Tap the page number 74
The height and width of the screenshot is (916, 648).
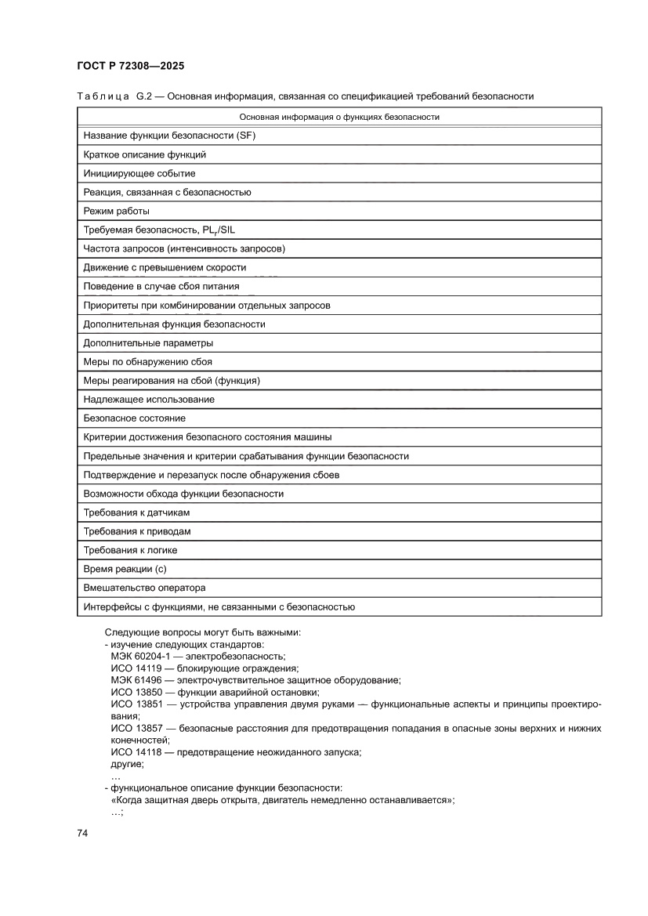tap(82, 833)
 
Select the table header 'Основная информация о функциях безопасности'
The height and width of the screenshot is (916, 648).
tap(338, 117)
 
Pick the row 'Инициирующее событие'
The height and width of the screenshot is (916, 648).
tap(139, 173)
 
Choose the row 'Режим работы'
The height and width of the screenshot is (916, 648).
tap(116, 211)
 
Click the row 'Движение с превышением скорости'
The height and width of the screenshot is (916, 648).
tap(165, 267)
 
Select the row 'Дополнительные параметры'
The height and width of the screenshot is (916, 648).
tap(148, 342)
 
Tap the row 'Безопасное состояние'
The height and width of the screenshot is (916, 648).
tap(134, 418)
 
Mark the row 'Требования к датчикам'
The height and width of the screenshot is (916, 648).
tap(136, 512)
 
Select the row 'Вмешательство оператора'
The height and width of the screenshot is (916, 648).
tap(144, 588)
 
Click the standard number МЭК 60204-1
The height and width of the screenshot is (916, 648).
tap(141, 656)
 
